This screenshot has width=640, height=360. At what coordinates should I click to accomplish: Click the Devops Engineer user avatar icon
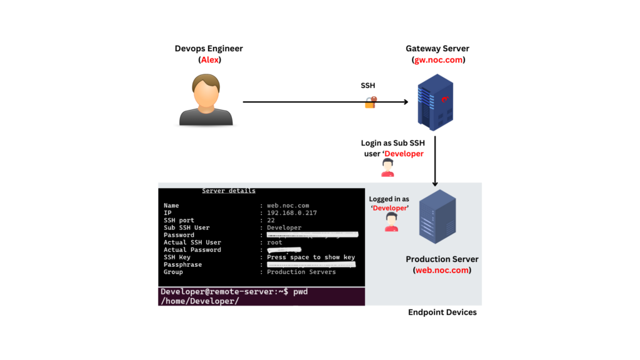point(206,100)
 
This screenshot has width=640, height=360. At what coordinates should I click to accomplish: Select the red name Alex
point(209,60)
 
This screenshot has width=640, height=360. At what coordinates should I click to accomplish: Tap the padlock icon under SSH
point(371,102)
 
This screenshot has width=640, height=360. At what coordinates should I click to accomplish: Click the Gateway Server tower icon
point(435,101)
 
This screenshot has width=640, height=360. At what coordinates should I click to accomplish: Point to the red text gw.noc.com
point(438,60)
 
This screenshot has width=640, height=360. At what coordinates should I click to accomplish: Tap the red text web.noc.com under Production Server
point(442,271)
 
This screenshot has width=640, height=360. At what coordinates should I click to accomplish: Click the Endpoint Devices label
point(442,312)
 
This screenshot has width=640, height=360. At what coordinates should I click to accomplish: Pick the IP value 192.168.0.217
point(292,213)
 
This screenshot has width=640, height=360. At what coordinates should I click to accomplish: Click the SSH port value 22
point(271,221)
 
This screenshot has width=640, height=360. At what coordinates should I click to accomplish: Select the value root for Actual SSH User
point(274,242)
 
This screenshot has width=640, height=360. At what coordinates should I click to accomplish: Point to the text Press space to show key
point(311,257)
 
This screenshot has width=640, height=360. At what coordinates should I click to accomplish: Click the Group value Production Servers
point(301,272)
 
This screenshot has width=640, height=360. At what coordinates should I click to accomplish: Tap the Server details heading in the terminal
point(228,191)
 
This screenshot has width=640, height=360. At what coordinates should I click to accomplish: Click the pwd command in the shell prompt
point(300,292)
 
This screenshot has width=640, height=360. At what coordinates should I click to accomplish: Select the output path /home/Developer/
point(199,301)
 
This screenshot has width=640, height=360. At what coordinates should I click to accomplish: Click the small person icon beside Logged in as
point(392,222)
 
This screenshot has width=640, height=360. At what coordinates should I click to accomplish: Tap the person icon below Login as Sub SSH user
point(387,167)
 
